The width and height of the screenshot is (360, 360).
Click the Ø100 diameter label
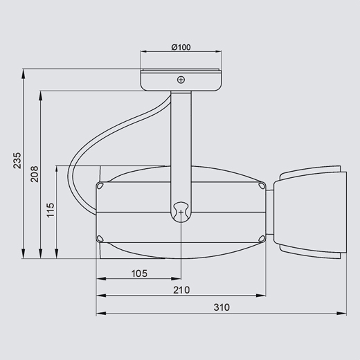click(x=181, y=47)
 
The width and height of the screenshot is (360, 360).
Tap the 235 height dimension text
click(x=17, y=160)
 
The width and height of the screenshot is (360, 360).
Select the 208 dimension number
click(x=35, y=174)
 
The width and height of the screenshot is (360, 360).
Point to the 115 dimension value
click(x=51, y=210)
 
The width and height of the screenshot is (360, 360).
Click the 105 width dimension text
click(x=139, y=273)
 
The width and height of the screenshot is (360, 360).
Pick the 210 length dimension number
click(x=181, y=290)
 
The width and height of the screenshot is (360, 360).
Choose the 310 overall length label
click(x=222, y=307)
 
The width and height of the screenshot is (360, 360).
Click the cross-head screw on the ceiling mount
click(x=181, y=80)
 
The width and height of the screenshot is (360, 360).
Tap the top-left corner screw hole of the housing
click(x=100, y=186)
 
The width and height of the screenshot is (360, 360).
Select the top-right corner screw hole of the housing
click(x=262, y=186)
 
